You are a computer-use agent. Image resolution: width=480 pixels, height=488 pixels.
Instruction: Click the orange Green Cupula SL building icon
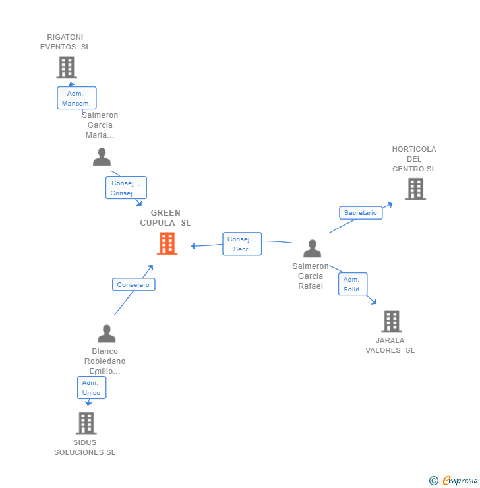coord(167,243)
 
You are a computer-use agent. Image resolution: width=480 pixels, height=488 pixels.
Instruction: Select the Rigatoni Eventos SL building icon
coord(66,67)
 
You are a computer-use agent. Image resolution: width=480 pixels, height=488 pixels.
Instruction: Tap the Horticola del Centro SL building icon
coord(415,189)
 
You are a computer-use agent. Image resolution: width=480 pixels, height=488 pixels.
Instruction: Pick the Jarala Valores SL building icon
coord(391,321)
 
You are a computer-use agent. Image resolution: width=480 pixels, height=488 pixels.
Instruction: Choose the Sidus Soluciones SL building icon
coord(86,423)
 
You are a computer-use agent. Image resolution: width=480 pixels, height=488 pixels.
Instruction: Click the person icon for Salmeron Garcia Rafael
coord(312,249)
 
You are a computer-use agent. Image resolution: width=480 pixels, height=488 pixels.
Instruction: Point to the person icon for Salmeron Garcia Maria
coord(102,157)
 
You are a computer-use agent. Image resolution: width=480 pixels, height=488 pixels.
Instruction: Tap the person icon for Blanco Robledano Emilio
coord(106,334)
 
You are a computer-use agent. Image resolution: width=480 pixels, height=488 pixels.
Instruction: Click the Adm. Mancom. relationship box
coord(76,98)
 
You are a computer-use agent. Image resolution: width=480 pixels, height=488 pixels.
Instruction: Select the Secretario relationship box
coord(361,213)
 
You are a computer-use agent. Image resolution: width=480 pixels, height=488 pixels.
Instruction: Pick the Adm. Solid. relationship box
coord(353,284)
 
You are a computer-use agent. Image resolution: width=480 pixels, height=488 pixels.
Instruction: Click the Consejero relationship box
coord(134,285)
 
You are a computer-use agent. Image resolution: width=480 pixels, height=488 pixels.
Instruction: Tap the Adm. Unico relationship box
coord(91,388)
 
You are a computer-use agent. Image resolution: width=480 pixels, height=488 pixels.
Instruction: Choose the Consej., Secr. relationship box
coord(242,244)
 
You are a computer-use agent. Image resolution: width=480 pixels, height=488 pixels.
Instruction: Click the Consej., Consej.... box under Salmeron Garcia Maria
coord(126,188)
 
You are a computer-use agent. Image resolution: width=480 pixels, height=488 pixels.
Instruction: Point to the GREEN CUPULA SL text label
coord(165,218)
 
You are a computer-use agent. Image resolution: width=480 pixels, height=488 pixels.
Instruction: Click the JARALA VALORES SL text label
coord(390,346)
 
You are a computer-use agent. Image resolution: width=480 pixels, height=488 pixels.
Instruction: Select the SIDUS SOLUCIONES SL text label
coord(84,448)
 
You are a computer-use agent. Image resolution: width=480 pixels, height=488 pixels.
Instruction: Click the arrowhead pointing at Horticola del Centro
coord(390,204)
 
